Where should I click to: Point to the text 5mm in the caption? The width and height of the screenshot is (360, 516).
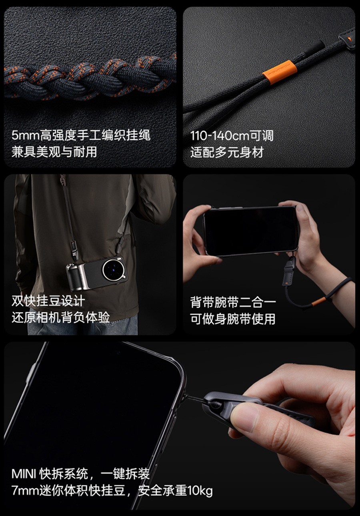click(26, 135)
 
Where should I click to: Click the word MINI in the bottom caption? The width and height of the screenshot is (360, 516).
click(24, 474)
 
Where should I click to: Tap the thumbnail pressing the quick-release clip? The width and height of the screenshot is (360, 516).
click(245, 417)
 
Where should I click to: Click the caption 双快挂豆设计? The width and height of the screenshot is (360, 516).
click(48, 301)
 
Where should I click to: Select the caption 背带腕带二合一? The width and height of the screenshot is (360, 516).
click(233, 302)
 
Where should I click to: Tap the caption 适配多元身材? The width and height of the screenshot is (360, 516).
click(227, 152)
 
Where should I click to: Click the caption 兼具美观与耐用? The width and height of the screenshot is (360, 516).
click(54, 152)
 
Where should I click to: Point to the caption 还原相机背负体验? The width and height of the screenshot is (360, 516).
click(61, 318)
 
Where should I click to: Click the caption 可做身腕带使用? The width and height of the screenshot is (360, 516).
click(233, 319)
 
